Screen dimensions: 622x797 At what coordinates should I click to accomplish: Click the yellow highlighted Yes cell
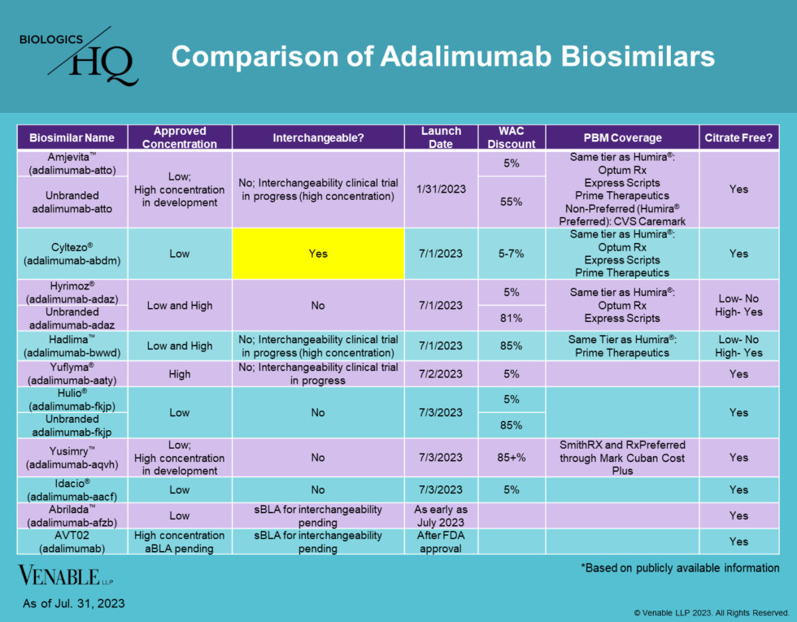[x=318, y=254]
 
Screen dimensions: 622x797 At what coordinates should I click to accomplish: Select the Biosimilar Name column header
[x=72, y=137]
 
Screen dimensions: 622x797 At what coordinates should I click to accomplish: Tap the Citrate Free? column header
[x=738, y=137]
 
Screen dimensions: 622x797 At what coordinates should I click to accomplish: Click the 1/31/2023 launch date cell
[x=442, y=189]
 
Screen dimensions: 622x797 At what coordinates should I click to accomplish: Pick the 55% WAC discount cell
[x=512, y=202]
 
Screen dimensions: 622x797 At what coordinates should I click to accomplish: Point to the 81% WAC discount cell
[x=512, y=319]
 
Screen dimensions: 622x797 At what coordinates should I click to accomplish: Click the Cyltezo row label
[x=72, y=254]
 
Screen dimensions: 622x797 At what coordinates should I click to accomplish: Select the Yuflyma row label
[x=72, y=374]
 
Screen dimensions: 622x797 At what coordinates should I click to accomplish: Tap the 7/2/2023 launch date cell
[x=442, y=374]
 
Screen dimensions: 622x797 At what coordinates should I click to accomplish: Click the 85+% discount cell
[x=512, y=458]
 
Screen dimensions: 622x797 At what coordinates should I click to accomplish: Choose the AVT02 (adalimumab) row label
[x=72, y=542]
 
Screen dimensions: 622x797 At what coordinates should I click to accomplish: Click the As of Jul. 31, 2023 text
[x=73, y=603]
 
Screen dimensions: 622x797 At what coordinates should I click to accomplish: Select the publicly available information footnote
[x=680, y=568]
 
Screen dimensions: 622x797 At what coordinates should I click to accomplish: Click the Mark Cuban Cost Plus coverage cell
[x=622, y=458]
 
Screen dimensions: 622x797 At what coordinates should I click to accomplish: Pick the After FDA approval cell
[x=442, y=542]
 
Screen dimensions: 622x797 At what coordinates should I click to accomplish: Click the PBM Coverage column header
[x=622, y=137]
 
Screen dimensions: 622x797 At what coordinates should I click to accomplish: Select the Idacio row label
[x=72, y=489]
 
